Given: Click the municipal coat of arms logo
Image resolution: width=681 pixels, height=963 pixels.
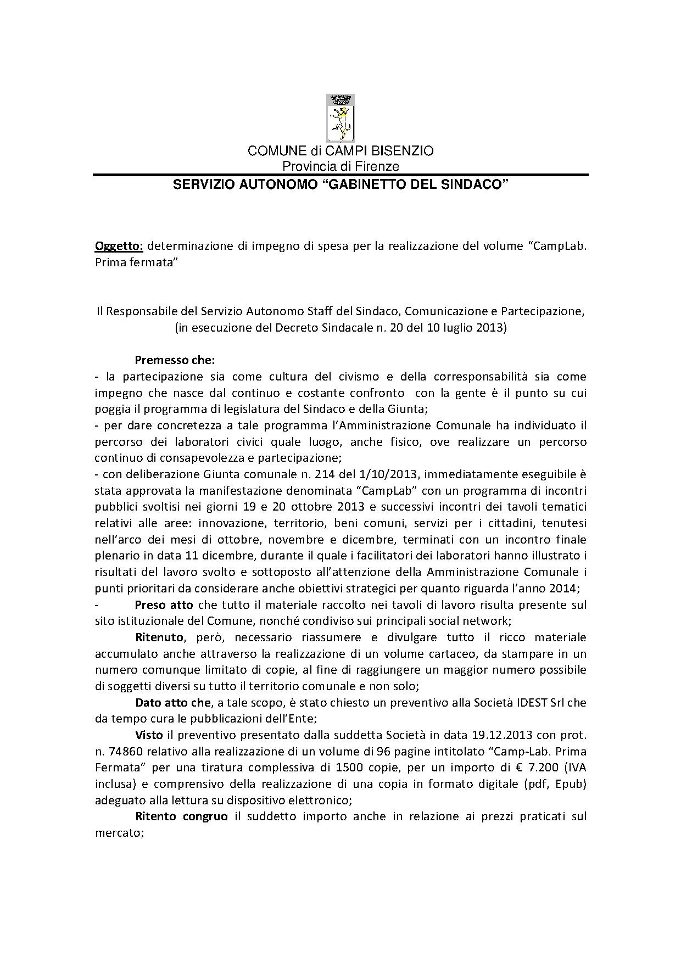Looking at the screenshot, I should coord(340,118).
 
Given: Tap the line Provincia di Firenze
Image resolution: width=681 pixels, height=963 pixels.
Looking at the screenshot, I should coord(340,166).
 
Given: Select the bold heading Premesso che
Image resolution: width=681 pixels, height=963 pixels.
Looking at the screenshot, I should coord(175,361).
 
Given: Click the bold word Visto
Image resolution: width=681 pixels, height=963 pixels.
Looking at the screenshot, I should coord(149,735).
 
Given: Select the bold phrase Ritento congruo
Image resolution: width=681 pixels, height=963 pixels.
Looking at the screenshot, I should coord(181,816).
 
